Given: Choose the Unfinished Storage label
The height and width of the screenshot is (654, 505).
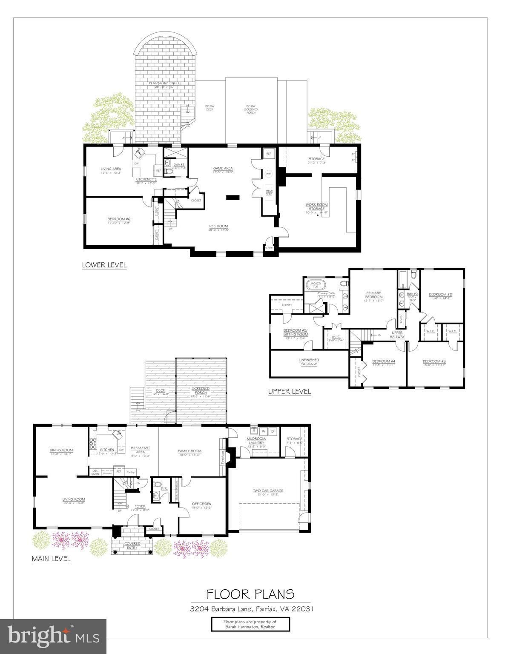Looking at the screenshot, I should pos(309,362).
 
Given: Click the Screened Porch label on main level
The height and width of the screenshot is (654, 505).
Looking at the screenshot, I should pos(201,392).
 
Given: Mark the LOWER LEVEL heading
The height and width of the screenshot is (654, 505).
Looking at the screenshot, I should pos(104,265).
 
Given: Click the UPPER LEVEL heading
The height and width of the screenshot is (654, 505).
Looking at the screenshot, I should pos(290,391).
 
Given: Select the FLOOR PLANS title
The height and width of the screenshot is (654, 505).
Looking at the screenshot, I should pos(250,594).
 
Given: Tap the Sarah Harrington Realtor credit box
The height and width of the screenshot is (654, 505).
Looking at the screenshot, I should pos(250,624).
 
